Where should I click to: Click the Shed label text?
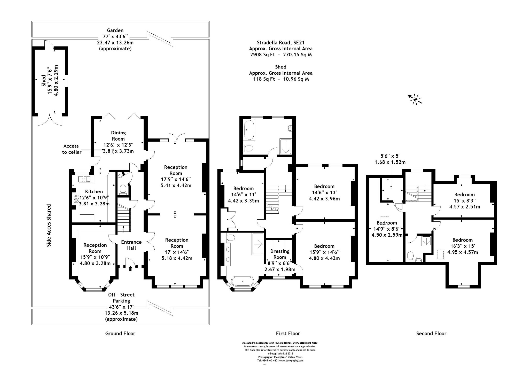tap(43, 81)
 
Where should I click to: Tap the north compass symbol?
tap(415, 99)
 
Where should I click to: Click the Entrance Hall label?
tap(131, 245)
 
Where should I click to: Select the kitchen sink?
tap(85, 179)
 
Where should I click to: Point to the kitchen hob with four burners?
tap(76, 199)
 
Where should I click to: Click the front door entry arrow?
tap(130, 269)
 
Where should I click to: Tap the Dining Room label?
tap(118, 136)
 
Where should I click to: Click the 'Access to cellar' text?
tap(72, 149)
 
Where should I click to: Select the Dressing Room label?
tap(280, 254)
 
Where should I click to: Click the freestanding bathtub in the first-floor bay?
tap(243, 281)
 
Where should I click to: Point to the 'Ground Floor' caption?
tap(120, 333)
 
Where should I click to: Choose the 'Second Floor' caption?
tap(431, 333)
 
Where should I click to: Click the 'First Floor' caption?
tap(288, 333)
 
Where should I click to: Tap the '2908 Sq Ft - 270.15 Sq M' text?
tap(281, 55)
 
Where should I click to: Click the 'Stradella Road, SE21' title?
tap(281, 42)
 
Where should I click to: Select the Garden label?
tap(115, 30)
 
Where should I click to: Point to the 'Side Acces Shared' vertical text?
tap(49, 225)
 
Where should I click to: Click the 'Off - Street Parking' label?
tap(121, 298)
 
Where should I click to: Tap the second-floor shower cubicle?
tap(426, 241)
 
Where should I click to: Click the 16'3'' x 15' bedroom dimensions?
tap(462, 246)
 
